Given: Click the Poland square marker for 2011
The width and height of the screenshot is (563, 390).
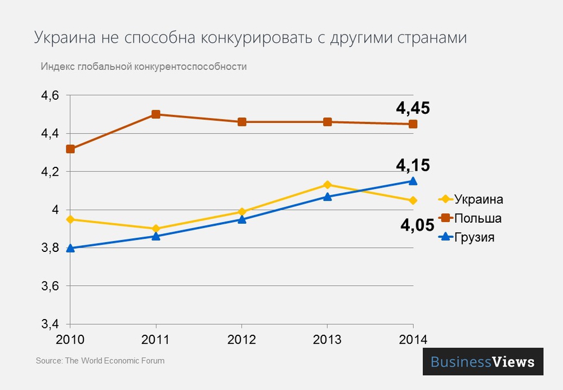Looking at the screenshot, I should [x=156, y=114].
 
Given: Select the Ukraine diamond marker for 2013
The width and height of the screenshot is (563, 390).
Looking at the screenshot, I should [x=327, y=185].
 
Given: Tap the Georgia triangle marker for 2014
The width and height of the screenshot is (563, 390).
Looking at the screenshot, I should [x=413, y=181].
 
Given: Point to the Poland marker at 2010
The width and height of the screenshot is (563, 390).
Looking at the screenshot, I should [x=70, y=149].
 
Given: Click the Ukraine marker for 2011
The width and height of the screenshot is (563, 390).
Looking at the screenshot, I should [x=156, y=229].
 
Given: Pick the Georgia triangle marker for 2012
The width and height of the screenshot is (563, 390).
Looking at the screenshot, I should [x=242, y=219].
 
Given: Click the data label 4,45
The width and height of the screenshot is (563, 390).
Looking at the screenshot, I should [x=413, y=108].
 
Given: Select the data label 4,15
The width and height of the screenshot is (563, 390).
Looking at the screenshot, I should [x=413, y=165].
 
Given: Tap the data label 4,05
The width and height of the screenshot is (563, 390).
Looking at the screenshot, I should [x=417, y=225].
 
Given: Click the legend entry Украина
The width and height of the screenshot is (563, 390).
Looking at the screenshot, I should [x=478, y=200].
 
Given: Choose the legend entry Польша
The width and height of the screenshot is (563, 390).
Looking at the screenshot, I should [x=477, y=218].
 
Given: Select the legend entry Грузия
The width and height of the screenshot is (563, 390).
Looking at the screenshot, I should [x=474, y=237].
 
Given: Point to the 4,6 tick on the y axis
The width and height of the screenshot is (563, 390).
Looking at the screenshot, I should [x=50, y=96].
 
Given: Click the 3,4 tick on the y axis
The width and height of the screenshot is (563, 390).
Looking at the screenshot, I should [x=50, y=325].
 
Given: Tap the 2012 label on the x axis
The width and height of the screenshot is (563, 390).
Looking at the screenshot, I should [x=242, y=340].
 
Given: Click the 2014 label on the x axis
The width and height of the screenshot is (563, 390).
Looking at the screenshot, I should [x=413, y=340].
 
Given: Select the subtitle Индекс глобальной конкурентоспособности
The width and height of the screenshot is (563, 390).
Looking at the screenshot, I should [x=144, y=67].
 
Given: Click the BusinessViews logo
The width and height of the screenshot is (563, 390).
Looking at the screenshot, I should [x=482, y=362].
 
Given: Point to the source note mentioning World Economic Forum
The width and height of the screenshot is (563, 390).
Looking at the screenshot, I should [x=100, y=360].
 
